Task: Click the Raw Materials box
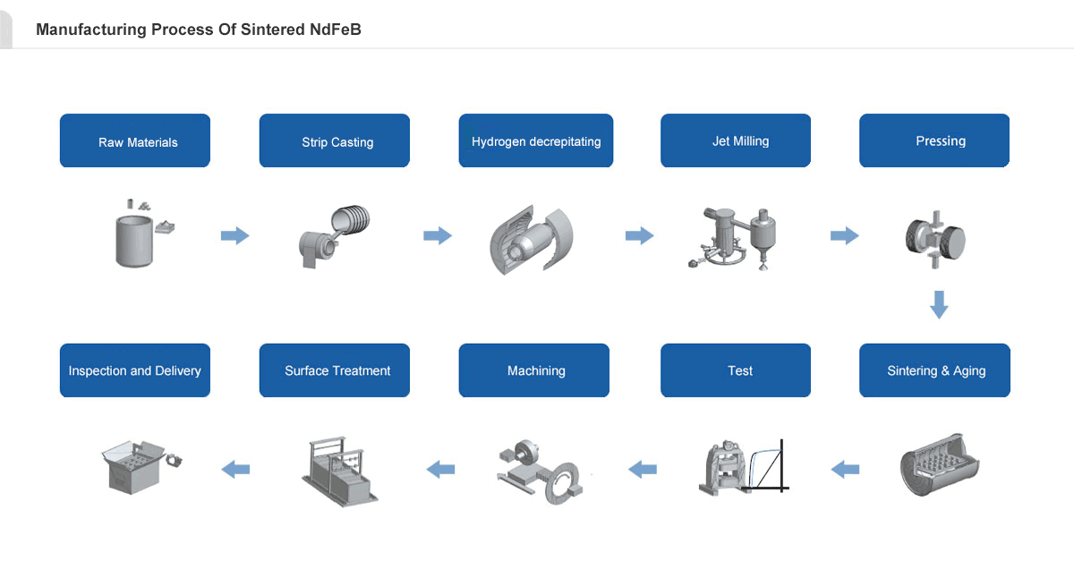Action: click(135, 140)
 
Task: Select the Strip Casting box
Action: click(335, 140)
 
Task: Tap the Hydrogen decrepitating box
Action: click(536, 140)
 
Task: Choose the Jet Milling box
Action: click(736, 140)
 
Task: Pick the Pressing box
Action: click(934, 140)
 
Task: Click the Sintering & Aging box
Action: click(934, 370)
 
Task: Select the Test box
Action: click(736, 370)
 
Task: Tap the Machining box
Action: click(534, 370)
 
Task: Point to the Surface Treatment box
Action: click(335, 370)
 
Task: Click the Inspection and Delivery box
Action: click(135, 370)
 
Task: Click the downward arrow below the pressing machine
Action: click(938, 304)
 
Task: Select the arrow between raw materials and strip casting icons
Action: click(234, 236)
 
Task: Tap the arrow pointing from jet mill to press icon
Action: click(844, 236)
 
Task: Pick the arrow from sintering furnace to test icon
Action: click(845, 469)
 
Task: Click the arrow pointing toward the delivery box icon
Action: click(235, 469)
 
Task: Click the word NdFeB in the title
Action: click(332, 30)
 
